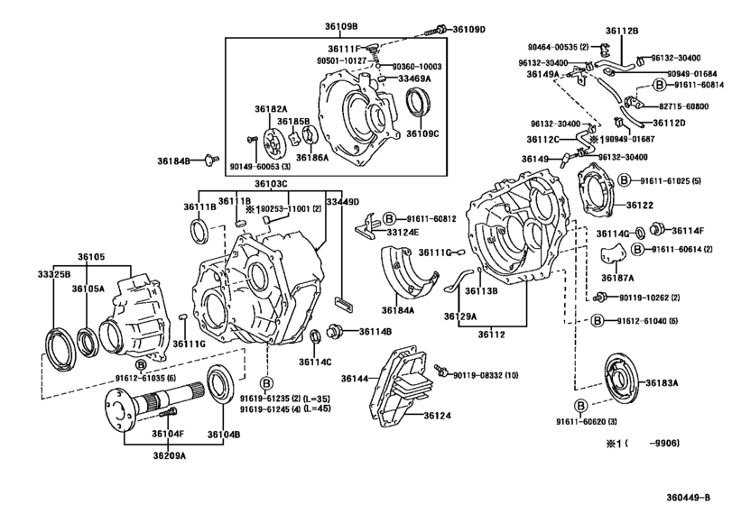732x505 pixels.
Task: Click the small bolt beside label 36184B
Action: (x=209, y=160)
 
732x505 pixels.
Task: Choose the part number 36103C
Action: (x=270, y=184)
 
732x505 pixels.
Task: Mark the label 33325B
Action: (x=54, y=274)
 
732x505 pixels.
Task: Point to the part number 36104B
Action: (x=223, y=434)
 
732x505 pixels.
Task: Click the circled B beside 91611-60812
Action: (x=388, y=218)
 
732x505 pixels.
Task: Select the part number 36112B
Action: (x=645, y=30)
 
